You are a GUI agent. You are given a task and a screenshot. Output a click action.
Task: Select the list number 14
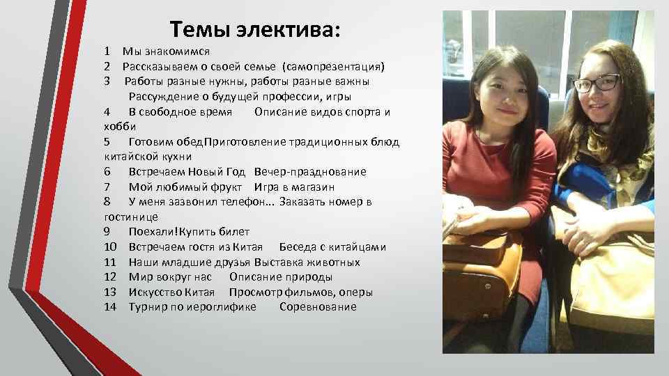109,307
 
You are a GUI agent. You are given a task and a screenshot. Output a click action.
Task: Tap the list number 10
109,247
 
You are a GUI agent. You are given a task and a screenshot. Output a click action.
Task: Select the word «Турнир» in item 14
148,307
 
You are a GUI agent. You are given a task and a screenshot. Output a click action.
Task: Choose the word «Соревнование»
318,307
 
